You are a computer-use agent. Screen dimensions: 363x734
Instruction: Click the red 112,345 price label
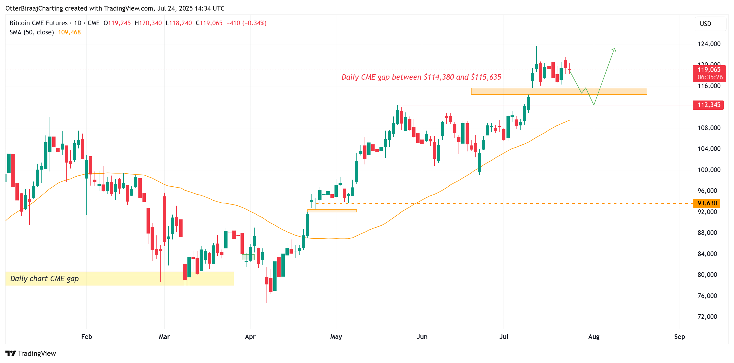tap(708, 105)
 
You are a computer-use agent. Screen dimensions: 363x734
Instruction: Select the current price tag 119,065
tap(709, 70)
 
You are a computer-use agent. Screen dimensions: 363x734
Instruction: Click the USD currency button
tap(706, 24)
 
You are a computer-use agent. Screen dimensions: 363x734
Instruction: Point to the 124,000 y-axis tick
tap(709, 44)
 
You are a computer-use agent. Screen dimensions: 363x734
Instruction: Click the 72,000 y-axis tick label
tap(707, 317)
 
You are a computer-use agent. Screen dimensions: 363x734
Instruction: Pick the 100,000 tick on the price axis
tap(709, 170)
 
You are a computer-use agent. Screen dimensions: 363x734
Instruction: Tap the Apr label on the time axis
tap(250, 337)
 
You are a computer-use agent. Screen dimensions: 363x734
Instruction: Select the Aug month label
tap(594, 337)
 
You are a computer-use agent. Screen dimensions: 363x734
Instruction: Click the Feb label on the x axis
tap(86, 337)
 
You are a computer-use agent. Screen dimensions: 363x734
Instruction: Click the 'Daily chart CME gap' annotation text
tap(44, 279)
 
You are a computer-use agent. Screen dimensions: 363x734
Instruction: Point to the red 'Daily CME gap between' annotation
tap(421, 77)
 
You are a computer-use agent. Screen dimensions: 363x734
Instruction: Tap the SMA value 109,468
tap(69, 33)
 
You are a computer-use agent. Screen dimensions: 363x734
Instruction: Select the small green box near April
tap(248, 257)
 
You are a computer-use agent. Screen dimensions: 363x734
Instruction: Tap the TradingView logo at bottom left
tap(31, 353)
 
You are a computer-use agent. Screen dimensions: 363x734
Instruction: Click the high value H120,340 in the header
tap(148, 23)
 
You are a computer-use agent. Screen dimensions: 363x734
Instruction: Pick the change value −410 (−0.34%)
tap(246, 23)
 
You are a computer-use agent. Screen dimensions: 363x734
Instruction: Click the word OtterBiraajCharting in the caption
tap(34, 8)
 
